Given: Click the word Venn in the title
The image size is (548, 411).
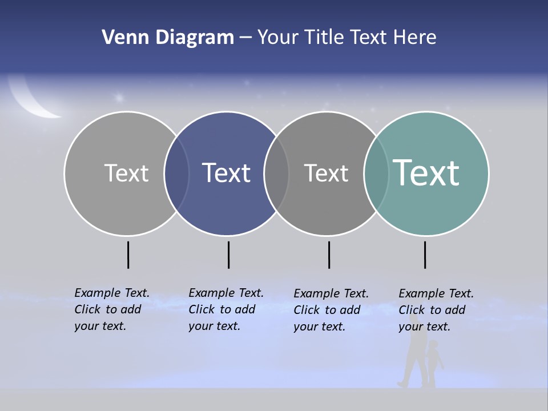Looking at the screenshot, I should [119, 38].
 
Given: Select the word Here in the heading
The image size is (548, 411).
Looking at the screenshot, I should [415, 38].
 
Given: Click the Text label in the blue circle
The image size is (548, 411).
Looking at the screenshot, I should [226, 173].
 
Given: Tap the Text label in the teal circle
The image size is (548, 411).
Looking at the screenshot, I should [426, 172].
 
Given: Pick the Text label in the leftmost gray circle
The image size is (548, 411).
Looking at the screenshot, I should [126, 173].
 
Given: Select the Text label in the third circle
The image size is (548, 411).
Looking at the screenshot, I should [326, 173].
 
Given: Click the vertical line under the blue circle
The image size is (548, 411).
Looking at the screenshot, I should [228, 255].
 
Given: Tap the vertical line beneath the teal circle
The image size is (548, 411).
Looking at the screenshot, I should [425, 255].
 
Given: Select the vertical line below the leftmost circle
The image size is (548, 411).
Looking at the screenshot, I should [128, 255].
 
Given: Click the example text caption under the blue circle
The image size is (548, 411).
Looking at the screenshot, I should [226, 309].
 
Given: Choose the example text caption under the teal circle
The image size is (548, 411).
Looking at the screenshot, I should [436, 310].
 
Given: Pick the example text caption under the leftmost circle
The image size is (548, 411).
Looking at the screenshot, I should [112, 309].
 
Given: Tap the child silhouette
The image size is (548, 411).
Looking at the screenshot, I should [434, 362].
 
